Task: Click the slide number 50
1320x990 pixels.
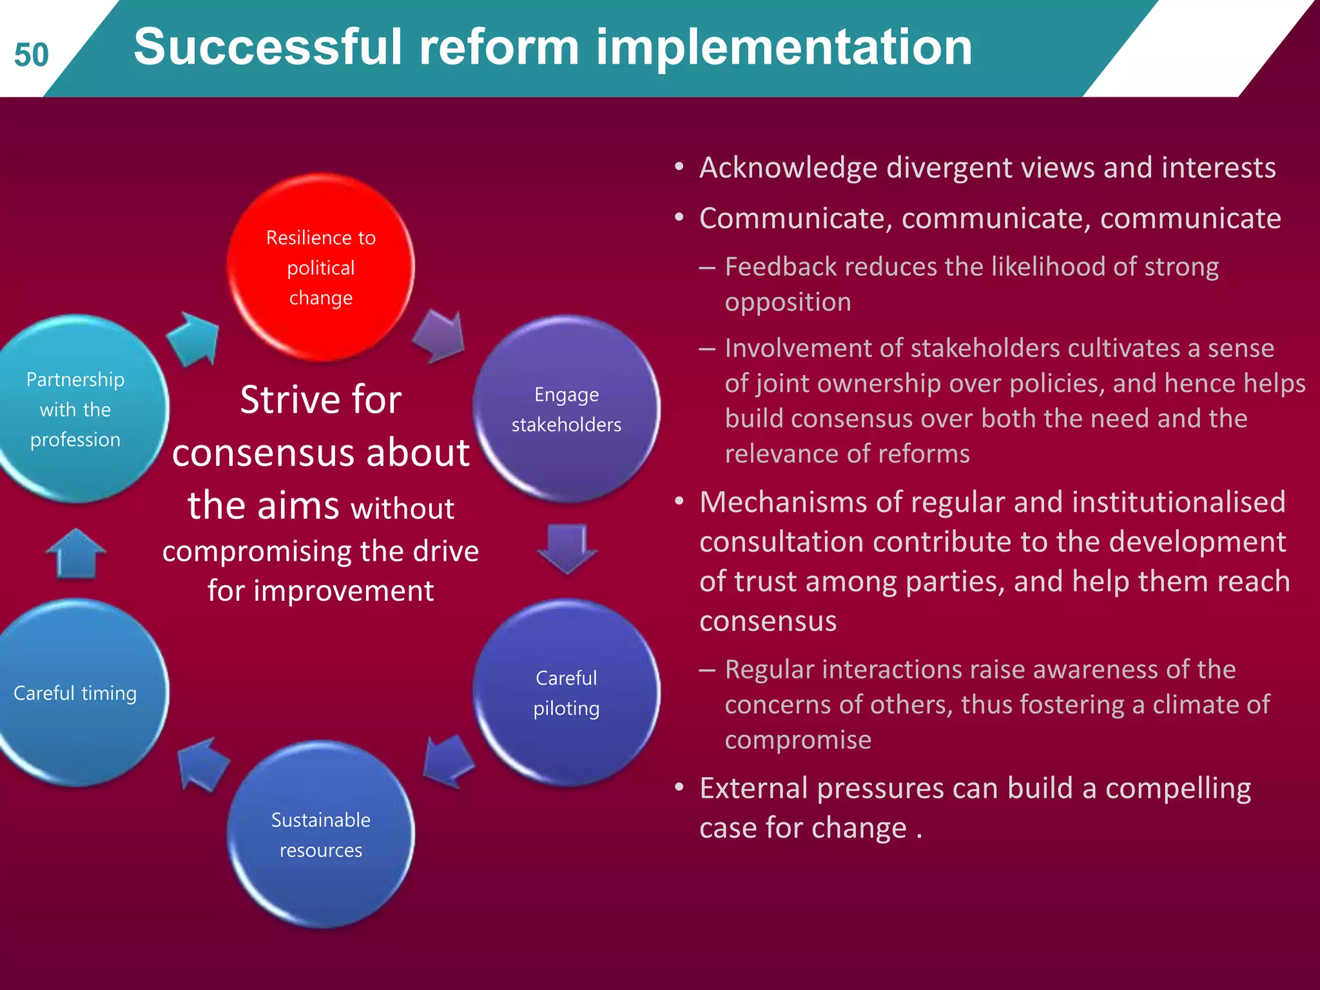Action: (x=31, y=55)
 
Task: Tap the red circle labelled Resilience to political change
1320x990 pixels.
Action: (x=320, y=267)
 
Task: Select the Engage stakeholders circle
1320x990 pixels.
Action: (x=566, y=409)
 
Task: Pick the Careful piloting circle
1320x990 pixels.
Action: (x=566, y=692)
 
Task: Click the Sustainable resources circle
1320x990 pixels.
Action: (x=320, y=834)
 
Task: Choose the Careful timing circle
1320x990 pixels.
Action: (x=75, y=692)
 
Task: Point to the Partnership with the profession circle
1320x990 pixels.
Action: (x=75, y=409)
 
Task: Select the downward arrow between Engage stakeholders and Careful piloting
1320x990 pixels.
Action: (x=567, y=548)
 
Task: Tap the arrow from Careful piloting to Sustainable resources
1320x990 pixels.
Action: (x=449, y=761)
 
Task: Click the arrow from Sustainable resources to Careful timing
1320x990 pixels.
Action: (x=202, y=764)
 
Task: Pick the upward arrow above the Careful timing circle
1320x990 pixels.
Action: (x=76, y=554)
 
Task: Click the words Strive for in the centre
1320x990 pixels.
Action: (x=320, y=400)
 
